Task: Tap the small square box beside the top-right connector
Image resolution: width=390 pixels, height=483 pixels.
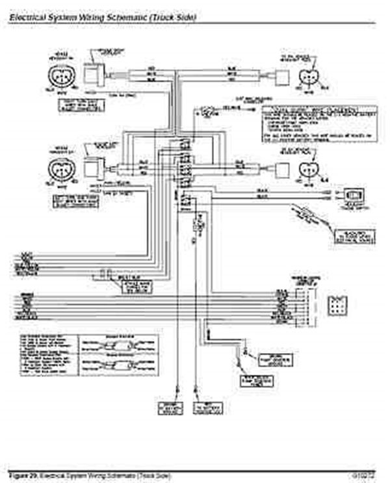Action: pyautogui.click(x=281, y=77)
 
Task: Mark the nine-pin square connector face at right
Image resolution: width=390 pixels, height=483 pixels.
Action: pyautogui.click(x=337, y=306)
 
